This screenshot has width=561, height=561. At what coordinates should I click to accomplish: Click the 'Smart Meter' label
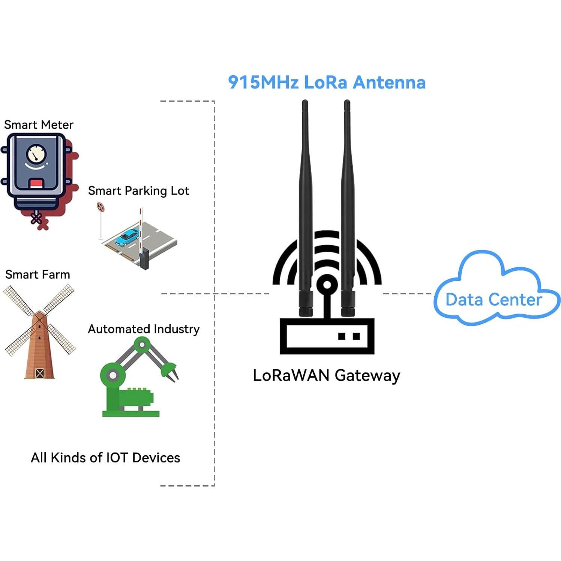click(39, 124)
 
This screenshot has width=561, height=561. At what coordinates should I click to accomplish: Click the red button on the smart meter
click(37, 184)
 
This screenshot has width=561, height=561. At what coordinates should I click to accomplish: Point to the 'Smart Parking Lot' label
click(138, 190)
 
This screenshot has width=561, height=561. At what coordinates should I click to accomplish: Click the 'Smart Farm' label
click(37, 274)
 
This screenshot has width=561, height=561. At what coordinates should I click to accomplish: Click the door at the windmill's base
click(39, 373)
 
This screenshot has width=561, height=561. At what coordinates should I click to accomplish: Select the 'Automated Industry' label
click(144, 329)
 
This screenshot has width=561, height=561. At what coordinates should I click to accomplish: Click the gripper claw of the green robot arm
click(171, 373)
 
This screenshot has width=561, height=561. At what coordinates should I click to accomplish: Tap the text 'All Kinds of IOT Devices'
click(105, 457)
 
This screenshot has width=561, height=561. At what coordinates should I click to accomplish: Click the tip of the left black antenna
click(305, 103)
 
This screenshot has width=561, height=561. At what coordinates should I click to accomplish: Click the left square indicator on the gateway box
click(342, 336)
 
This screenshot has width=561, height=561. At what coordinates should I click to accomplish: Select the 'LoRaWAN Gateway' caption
click(326, 375)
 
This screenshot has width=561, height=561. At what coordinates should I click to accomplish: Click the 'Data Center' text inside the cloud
click(493, 300)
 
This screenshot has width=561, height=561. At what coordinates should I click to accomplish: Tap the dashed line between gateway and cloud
click(407, 294)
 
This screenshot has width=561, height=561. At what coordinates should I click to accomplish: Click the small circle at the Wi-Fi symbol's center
click(327, 285)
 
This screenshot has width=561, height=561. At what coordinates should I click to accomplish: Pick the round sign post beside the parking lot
click(100, 207)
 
